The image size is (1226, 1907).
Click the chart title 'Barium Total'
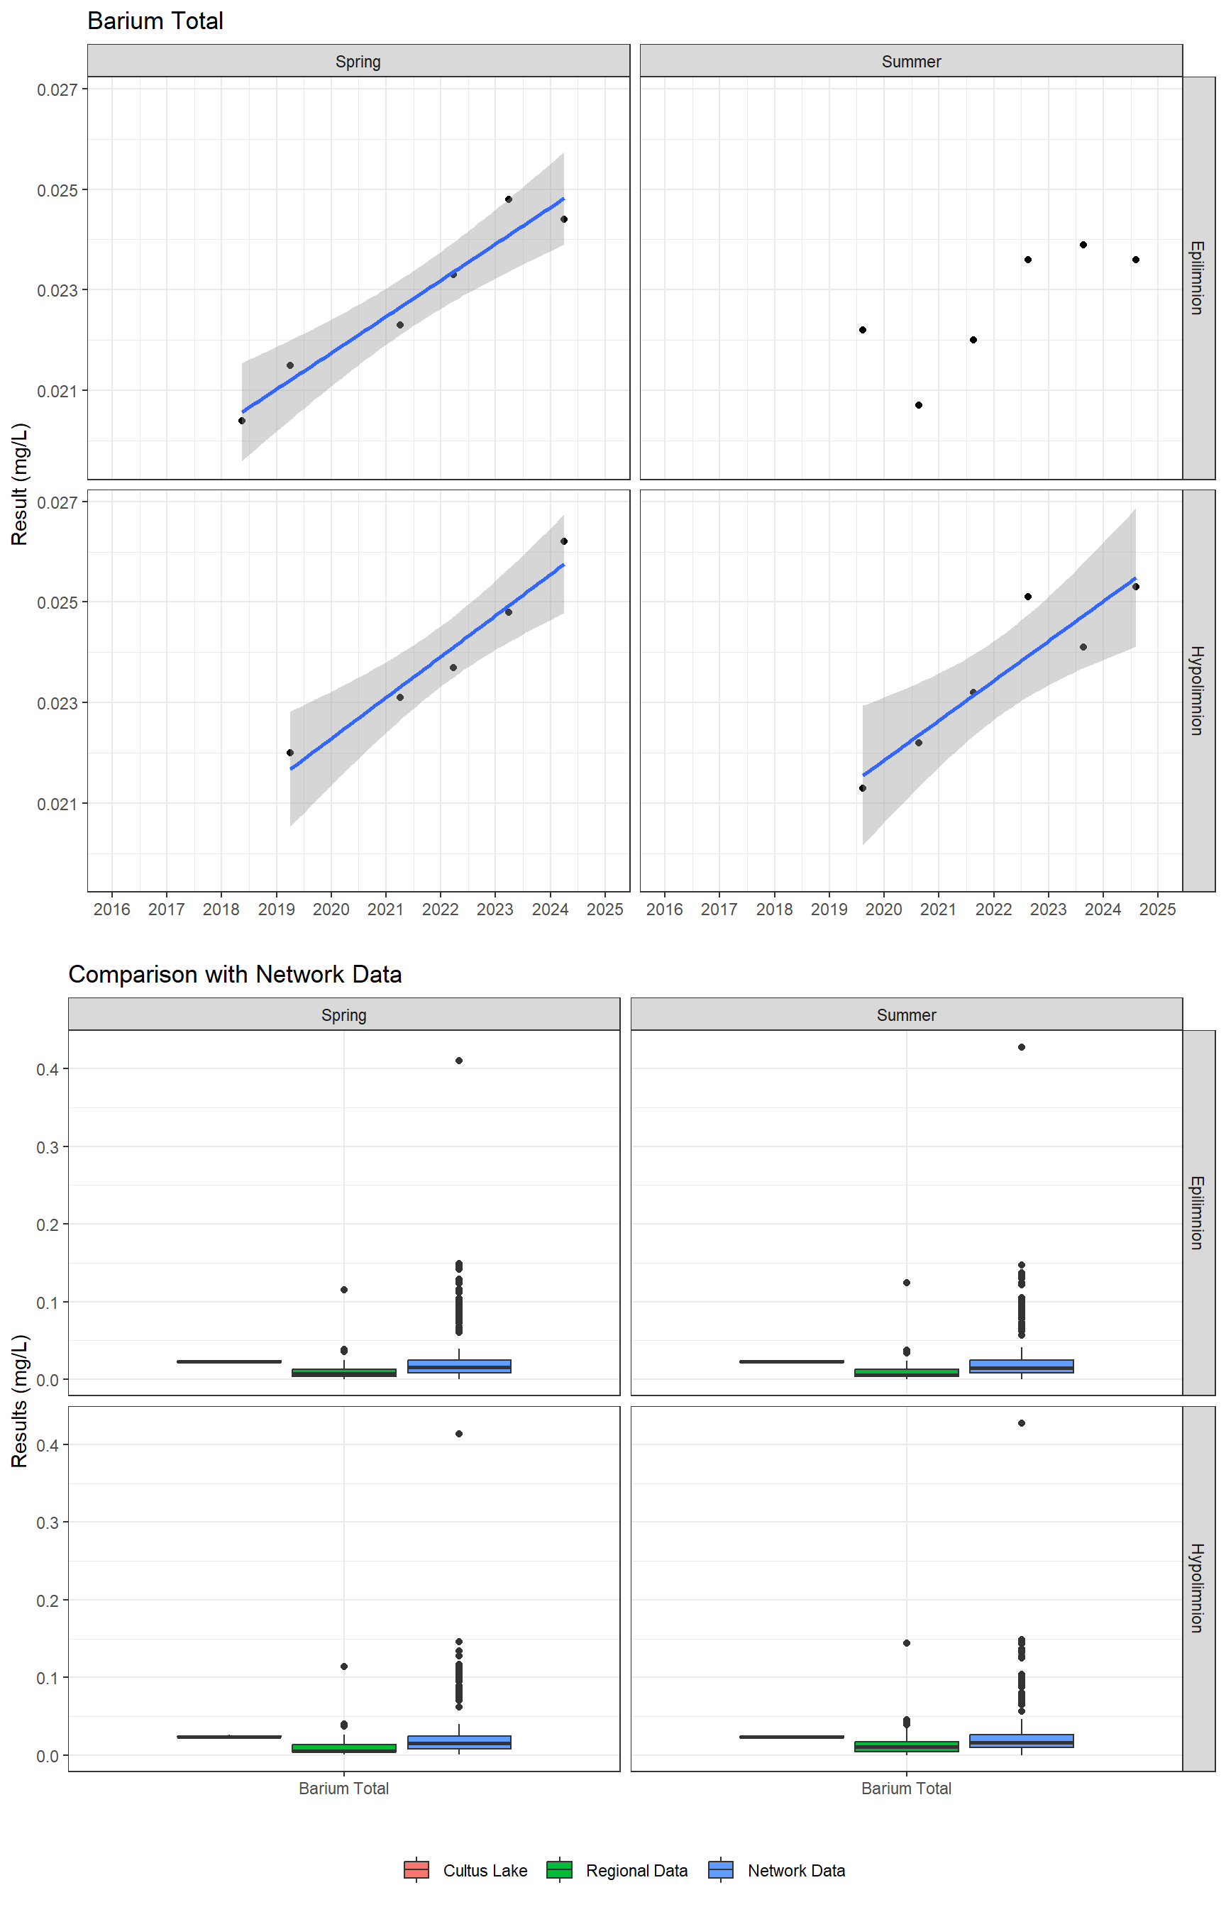point(155,21)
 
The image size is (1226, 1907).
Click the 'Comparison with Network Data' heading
point(235,974)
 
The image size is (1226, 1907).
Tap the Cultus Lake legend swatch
point(416,1869)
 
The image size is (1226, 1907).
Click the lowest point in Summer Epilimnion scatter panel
point(918,405)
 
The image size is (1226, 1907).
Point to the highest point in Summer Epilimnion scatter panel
point(1083,244)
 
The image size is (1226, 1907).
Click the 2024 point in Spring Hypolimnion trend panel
point(563,541)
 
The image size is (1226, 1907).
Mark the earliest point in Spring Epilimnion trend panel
point(242,420)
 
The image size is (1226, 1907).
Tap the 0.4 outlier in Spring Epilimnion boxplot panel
point(458,1060)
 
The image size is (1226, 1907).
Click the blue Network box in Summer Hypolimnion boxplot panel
point(1022,1741)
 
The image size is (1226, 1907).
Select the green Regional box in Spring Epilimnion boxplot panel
point(344,1372)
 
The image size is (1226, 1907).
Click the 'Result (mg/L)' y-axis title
point(20,484)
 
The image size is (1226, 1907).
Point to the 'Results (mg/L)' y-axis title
point(20,1400)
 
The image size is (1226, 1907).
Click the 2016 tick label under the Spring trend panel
point(111,910)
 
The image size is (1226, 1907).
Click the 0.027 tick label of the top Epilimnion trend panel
point(57,90)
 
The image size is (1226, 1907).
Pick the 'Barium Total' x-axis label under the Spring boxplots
point(344,1789)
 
